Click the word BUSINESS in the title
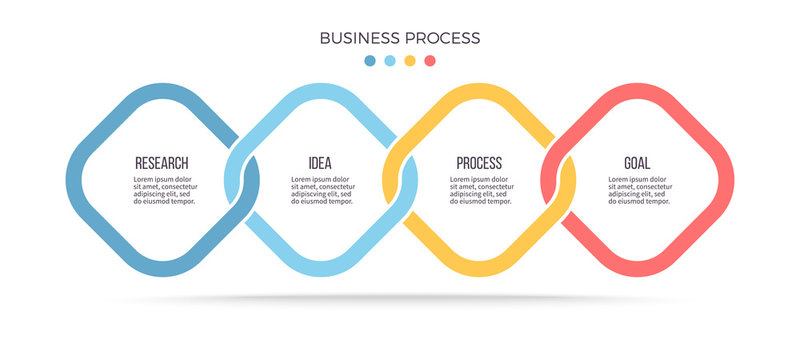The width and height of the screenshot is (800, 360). pos(360,38)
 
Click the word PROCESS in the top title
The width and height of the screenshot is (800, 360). pos(441,38)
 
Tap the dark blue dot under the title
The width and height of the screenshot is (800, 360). pos(370,60)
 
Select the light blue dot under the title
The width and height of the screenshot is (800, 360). pos(390,60)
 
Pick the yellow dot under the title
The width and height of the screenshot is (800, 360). pos(410,60)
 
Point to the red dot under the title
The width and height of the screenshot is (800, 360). pos(430,60)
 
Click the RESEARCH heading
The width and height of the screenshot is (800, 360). pos(161,163)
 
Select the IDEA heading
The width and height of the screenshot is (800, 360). pos(320,163)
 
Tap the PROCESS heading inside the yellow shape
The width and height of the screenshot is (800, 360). pos(479,163)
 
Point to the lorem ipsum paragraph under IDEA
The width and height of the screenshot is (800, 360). pos(322,190)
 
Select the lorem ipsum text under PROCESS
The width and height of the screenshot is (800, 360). pos(481,190)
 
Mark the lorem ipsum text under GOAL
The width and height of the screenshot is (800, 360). pos(639,190)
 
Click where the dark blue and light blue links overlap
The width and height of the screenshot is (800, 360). pos(241,180)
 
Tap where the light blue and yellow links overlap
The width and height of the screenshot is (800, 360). pos(400,180)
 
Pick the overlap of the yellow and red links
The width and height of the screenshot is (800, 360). pos(559,180)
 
